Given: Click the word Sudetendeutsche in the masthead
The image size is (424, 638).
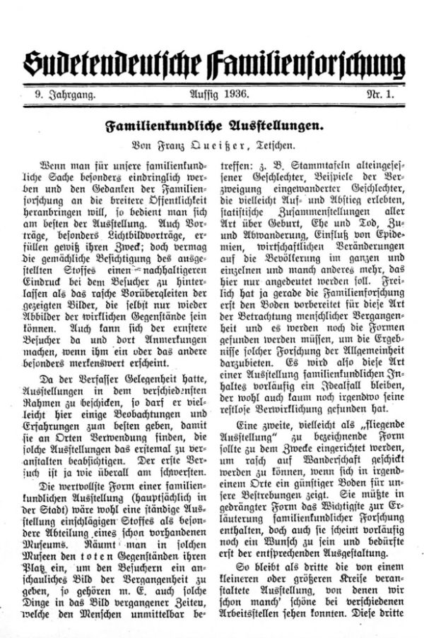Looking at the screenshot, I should pos(102,63).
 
